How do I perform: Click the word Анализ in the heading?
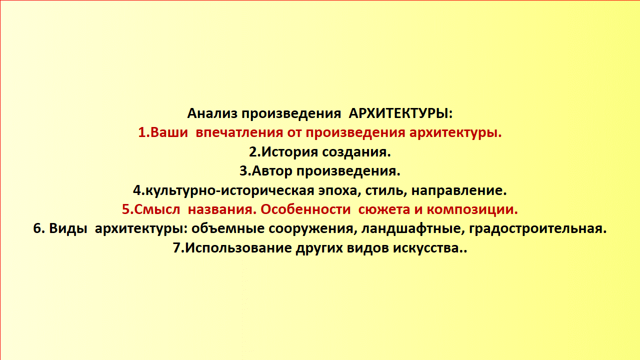coord(212,113)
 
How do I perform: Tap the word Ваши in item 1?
coord(169,132)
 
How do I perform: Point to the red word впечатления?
coord(239,132)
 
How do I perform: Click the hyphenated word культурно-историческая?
coord(230,190)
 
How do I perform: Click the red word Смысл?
coord(157,209)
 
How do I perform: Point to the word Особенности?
coord(305,209)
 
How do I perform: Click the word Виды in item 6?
coord(68,228)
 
